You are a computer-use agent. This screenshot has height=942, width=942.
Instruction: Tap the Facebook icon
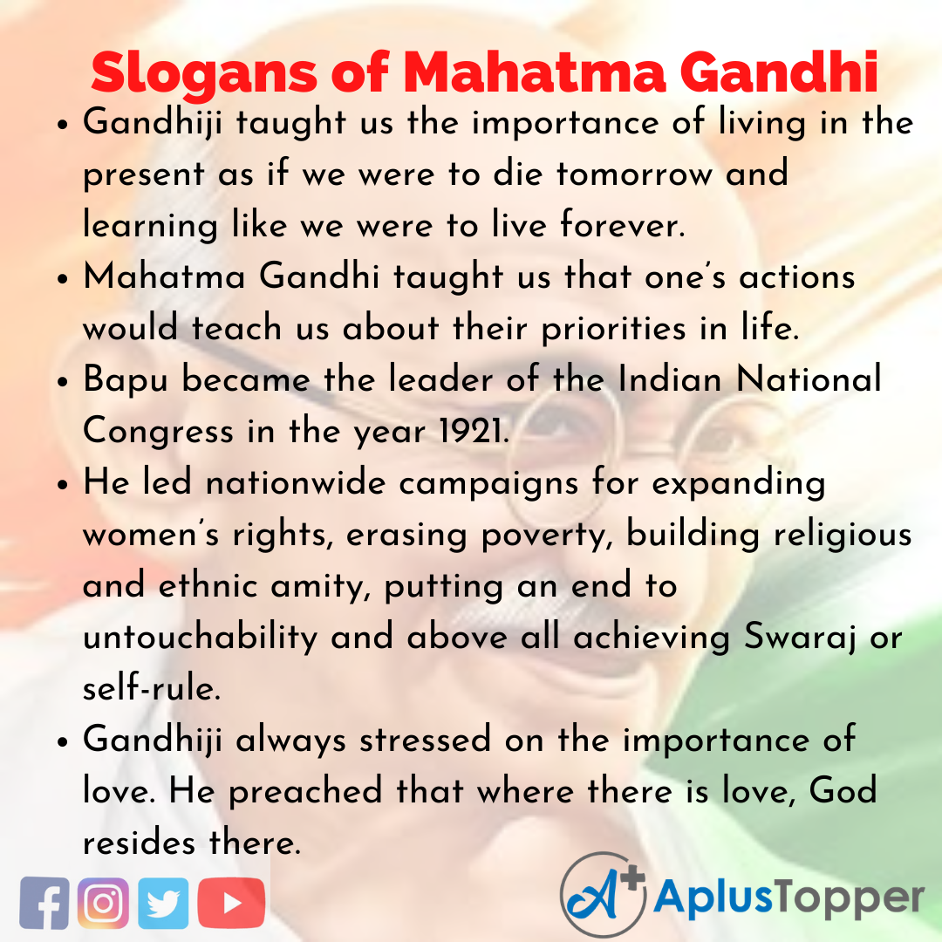tap(44, 902)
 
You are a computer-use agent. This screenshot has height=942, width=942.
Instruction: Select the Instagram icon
tap(103, 902)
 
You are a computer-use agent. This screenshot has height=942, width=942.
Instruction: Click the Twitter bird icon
tap(163, 902)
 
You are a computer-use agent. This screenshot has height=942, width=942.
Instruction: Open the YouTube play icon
tap(231, 902)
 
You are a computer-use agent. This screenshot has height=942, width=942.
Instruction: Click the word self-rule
tap(148, 689)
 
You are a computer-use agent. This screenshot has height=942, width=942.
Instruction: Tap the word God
tap(842, 792)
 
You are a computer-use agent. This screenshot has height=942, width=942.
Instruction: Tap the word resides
tap(140, 843)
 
